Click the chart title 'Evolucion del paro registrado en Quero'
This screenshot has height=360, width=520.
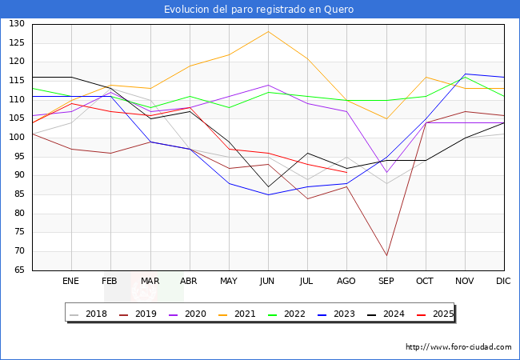coord(258,10)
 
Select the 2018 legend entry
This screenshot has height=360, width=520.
coord(89,314)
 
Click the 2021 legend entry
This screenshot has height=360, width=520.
coord(237,314)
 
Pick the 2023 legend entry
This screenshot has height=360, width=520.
coord(336,314)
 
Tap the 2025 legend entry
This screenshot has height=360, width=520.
coord(435,314)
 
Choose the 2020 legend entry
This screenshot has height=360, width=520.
coord(187,314)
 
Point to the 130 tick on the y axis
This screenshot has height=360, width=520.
coord(17,23)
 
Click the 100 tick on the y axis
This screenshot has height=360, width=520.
coord(17,138)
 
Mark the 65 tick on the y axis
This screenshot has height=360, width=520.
coord(19,270)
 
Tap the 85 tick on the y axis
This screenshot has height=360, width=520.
coord(19,194)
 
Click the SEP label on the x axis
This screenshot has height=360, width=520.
coord(386,281)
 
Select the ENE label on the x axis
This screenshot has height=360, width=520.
coord(70,281)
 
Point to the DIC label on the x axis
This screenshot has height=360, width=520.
coord(503,281)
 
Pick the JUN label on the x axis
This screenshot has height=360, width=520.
coord(267,281)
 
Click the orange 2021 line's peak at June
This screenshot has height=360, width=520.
coord(268,31)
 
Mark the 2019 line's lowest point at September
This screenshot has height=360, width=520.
coord(386,255)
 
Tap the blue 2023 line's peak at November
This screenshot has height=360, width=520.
coord(466,74)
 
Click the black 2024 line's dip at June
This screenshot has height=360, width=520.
coord(268,187)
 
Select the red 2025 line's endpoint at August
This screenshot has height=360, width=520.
coord(347,172)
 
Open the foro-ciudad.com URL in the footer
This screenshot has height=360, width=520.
coord(458,347)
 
